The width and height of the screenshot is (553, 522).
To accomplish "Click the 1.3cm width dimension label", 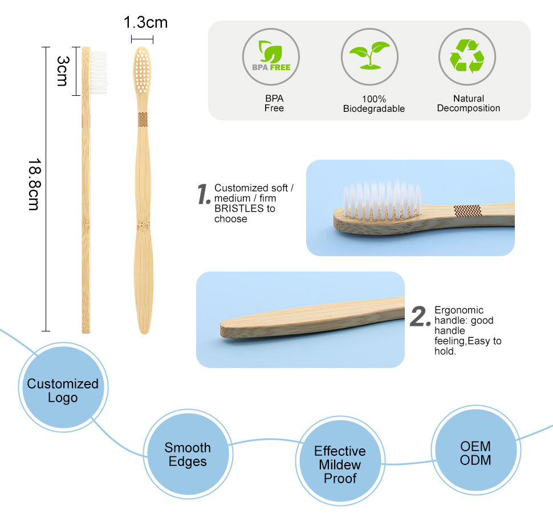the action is pyautogui.click(x=145, y=22).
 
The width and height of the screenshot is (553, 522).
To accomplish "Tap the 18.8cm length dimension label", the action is pyautogui.click(x=35, y=184).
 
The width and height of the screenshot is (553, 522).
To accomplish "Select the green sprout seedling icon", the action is pyautogui.click(x=369, y=55).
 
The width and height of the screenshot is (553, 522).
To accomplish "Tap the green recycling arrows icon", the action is pyautogui.click(x=467, y=56).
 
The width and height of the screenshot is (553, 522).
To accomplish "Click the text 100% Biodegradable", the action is pyautogui.click(x=374, y=104).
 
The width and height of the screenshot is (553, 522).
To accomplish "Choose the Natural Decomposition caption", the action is pyautogui.click(x=469, y=103).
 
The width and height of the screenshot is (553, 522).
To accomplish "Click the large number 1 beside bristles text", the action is pyautogui.click(x=204, y=194).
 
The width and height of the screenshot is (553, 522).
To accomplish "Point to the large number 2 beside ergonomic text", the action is pyautogui.click(x=420, y=316).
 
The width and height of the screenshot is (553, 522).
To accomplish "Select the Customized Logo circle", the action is pyautogui.click(x=63, y=387).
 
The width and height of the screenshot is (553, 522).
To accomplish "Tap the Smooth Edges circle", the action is pyautogui.click(x=188, y=454).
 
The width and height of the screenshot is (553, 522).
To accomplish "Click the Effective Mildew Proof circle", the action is pyautogui.click(x=340, y=462).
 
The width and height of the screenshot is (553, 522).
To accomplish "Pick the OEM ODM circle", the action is pyautogui.click(x=475, y=450).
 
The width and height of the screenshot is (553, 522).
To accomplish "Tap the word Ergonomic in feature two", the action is pyautogui.click(x=459, y=310).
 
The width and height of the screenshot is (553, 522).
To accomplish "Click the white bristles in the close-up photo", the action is pyautogui.click(x=383, y=200).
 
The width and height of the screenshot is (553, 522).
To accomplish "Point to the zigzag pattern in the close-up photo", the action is pyautogui.click(x=467, y=211).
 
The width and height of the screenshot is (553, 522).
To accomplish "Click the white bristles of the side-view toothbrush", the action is pyautogui.click(x=99, y=73).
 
